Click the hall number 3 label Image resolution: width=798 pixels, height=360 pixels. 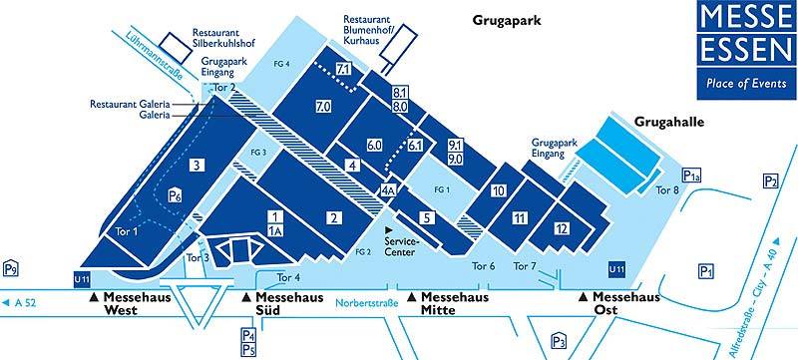pyautogui.click(x=198, y=166)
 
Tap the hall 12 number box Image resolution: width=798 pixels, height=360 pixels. pyautogui.click(x=563, y=229)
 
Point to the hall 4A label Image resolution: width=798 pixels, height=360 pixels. pyautogui.click(x=388, y=189)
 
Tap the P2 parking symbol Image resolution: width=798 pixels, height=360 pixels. pyautogui.click(x=770, y=180)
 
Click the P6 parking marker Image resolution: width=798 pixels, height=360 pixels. pyautogui.click(x=176, y=195)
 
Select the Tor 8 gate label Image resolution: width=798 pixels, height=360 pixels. pyautogui.click(x=668, y=189)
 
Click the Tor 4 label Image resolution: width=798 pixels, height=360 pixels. pyautogui.click(x=288, y=277)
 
